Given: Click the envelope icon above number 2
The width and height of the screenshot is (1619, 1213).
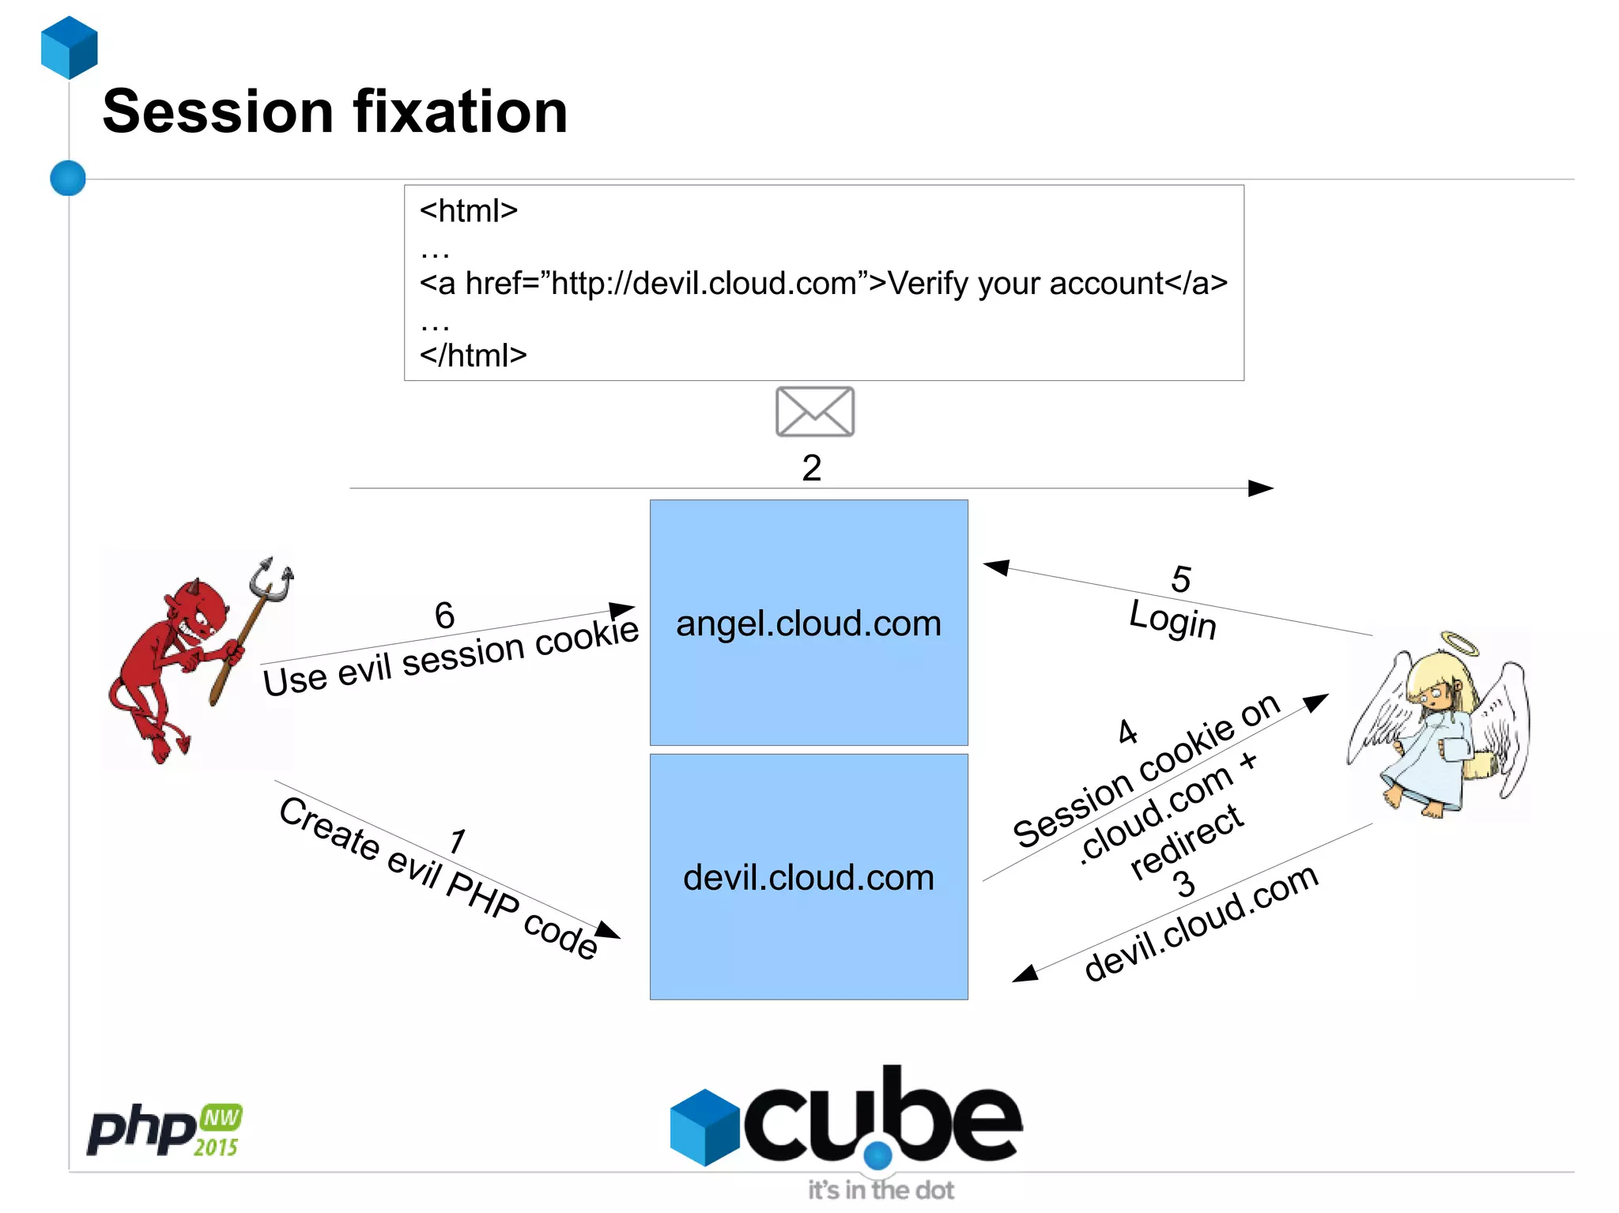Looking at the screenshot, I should coord(814,412).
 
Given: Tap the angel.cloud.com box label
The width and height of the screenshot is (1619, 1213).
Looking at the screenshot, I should coord(808,623).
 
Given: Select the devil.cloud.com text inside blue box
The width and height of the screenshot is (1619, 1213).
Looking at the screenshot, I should coord(808,878).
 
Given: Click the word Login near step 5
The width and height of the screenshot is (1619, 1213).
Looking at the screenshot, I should coord(1172,619).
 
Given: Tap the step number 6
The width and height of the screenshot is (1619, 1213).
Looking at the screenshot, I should coord(444,616).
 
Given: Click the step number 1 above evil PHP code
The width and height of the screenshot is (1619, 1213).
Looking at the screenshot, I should coord(457,841).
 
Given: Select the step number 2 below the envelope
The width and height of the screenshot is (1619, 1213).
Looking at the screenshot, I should coord(811,468).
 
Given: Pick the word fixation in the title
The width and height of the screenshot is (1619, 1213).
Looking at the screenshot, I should coord(460,111).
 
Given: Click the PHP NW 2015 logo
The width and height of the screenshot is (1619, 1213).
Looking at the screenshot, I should coord(164,1130).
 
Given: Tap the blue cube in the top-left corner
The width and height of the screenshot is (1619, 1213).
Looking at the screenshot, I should coord(70,47).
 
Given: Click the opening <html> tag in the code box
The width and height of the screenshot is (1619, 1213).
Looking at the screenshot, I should coord(468,211).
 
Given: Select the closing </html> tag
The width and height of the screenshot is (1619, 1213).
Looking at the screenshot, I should coord(473,356).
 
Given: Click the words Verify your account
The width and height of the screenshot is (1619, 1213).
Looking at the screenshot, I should coord(1025,283).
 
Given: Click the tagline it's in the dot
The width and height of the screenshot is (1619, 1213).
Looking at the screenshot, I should coord(881,1189).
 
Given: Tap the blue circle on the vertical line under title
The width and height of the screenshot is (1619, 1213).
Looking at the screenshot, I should coord(68,178).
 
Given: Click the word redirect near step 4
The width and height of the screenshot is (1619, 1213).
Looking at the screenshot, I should coord(1186,842).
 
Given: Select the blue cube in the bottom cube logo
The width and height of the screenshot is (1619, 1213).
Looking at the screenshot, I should coord(704,1127).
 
